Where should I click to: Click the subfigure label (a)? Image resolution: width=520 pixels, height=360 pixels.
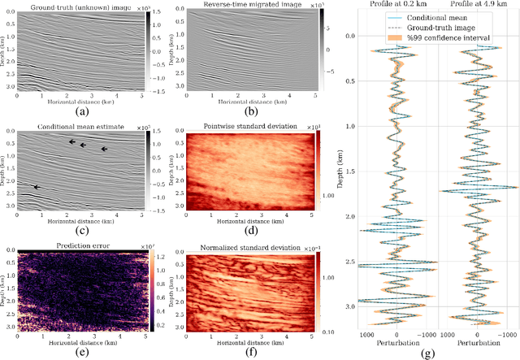click(81, 111)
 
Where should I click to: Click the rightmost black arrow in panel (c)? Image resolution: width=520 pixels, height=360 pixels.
click(103, 150)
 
